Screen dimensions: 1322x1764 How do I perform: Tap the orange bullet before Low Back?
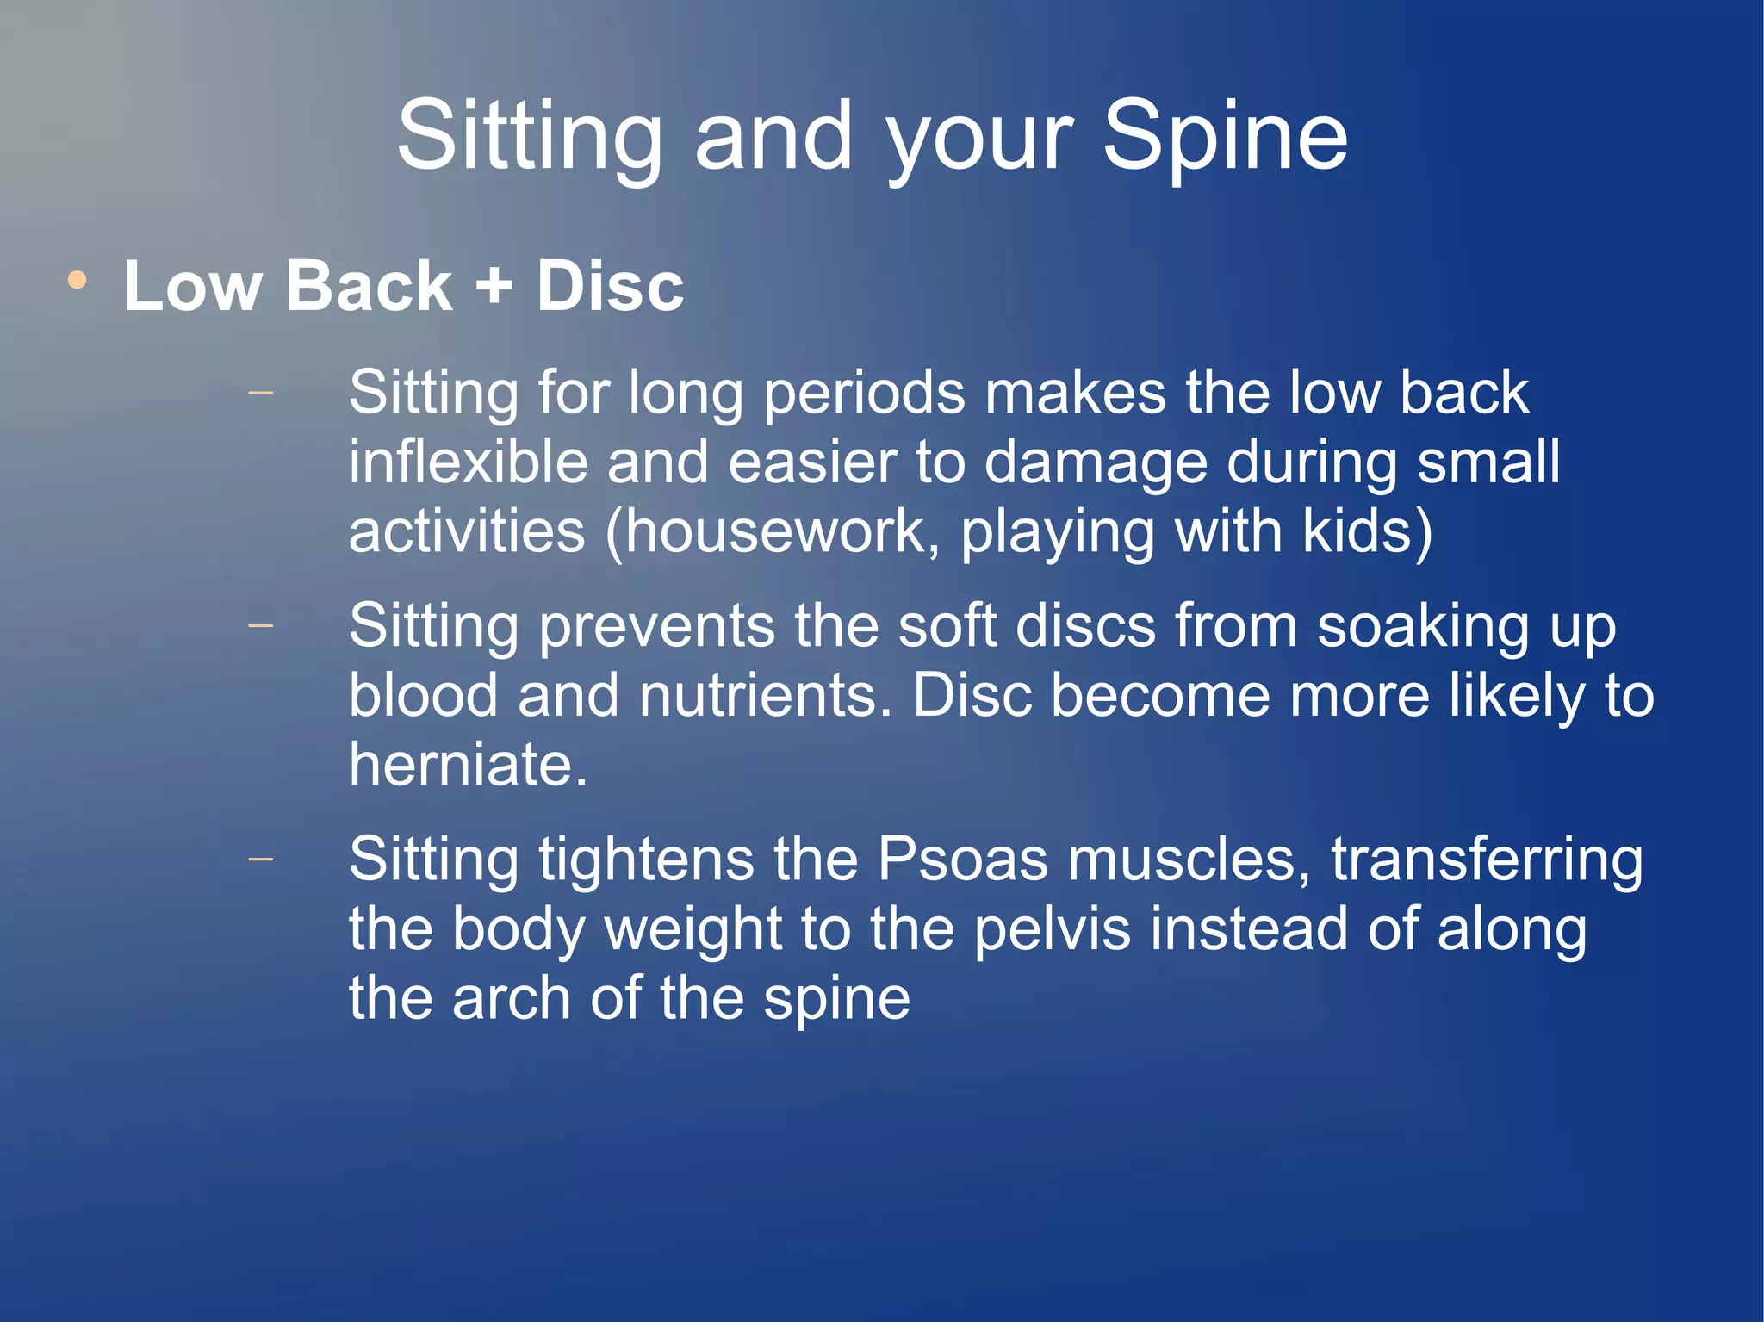click(78, 280)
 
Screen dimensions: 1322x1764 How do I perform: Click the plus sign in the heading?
click(494, 285)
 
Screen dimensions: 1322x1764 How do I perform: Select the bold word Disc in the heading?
click(610, 285)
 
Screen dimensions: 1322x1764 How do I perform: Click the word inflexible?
click(469, 462)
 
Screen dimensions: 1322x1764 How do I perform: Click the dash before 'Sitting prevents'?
click(260, 625)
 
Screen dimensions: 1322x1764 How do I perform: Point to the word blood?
click(423, 696)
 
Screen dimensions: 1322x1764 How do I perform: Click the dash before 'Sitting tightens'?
click(260, 859)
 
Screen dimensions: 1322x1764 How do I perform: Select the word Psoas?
click(962, 860)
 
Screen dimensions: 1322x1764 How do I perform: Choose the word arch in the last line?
click(511, 999)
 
